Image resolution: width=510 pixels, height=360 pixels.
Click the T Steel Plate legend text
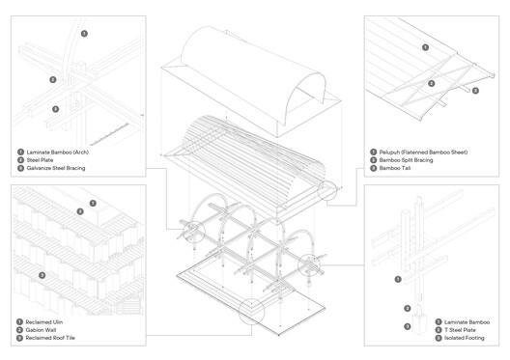click(x=462, y=330)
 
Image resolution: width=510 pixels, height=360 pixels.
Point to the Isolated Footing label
click(x=466, y=339)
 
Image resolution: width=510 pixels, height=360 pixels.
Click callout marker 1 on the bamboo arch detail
click(x=84, y=34)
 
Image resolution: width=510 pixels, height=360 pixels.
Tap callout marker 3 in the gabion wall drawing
click(x=42, y=276)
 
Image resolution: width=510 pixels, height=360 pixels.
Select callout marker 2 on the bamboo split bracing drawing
click(x=432, y=83)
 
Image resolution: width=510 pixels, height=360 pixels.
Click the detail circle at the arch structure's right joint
click(x=314, y=262)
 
